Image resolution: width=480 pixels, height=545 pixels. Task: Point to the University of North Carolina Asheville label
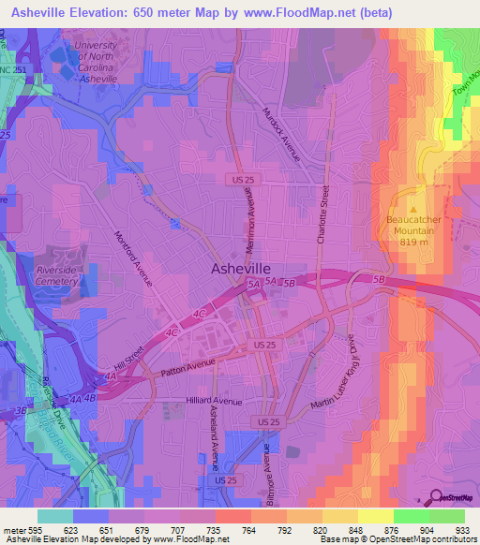coord(95,62)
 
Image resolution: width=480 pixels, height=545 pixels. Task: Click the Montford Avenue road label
coord(132,258)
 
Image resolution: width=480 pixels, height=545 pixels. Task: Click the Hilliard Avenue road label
coord(215,402)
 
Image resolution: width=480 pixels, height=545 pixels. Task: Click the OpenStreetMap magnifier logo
coord(436,497)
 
